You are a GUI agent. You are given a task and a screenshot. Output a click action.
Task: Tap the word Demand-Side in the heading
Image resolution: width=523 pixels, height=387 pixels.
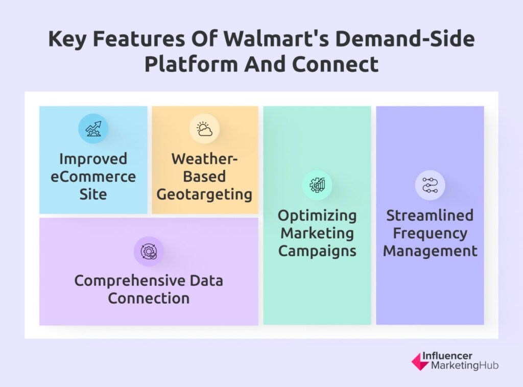(405, 39)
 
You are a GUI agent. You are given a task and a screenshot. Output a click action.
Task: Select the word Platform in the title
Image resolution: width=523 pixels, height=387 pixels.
(191, 64)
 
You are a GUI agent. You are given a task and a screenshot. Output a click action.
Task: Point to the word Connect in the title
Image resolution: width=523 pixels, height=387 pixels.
(336, 64)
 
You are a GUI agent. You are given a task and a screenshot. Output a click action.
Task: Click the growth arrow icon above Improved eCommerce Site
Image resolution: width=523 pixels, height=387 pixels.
(93, 129)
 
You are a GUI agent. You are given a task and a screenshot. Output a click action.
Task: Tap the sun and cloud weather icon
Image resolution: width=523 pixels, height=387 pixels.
(204, 129)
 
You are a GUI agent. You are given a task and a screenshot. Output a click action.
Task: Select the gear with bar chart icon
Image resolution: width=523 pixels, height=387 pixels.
(317, 185)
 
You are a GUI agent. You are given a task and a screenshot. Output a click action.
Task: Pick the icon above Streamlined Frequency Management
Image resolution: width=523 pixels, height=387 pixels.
(430, 185)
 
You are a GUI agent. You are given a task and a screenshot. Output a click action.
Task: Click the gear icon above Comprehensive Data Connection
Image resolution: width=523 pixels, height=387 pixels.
(149, 251)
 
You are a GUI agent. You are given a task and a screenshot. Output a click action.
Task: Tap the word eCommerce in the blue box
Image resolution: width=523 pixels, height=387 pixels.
(93, 177)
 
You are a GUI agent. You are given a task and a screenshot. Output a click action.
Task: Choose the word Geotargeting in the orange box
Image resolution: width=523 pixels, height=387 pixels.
(204, 195)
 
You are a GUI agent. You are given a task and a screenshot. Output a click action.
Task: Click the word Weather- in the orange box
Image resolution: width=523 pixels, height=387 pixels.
(204, 159)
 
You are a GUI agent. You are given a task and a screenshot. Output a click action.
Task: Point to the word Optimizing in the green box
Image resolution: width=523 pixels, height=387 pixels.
(317, 216)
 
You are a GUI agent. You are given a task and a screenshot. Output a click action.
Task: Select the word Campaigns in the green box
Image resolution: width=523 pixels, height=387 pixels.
(317, 251)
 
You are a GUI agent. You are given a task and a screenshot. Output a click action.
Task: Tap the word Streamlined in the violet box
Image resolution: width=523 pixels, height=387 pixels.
(430, 215)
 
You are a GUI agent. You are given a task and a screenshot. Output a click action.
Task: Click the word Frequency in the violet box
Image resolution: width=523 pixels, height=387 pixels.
(430, 234)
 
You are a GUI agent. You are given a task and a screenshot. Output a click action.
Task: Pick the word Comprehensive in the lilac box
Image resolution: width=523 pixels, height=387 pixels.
(129, 281)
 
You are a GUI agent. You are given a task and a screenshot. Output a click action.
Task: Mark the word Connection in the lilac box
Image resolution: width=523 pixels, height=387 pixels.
(149, 298)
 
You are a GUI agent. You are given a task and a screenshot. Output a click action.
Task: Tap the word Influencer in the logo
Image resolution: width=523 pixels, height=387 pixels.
(447, 356)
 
